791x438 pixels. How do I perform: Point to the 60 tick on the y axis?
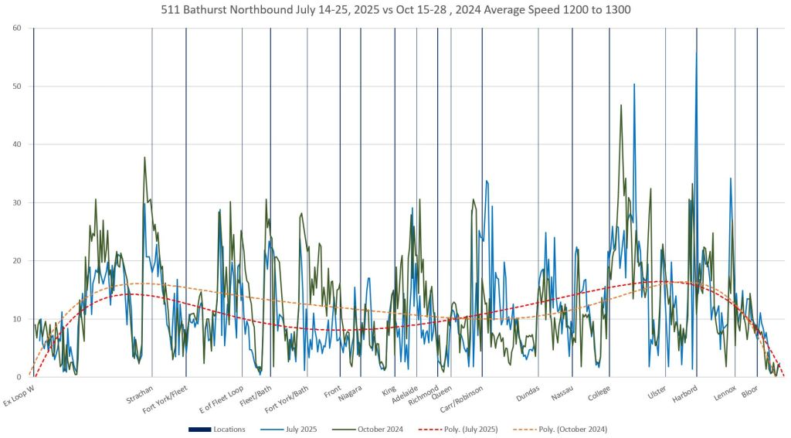click(x=17, y=29)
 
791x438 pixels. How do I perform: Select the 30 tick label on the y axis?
click(x=17, y=202)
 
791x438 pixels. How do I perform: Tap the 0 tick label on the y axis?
click(x=19, y=377)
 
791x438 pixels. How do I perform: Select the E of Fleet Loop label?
click(x=222, y=399)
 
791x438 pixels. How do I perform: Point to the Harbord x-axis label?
click(x=684, y=393)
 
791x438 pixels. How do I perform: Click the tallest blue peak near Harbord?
click(x=696, y=53)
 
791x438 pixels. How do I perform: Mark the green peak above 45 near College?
click(x=621, y=105)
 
